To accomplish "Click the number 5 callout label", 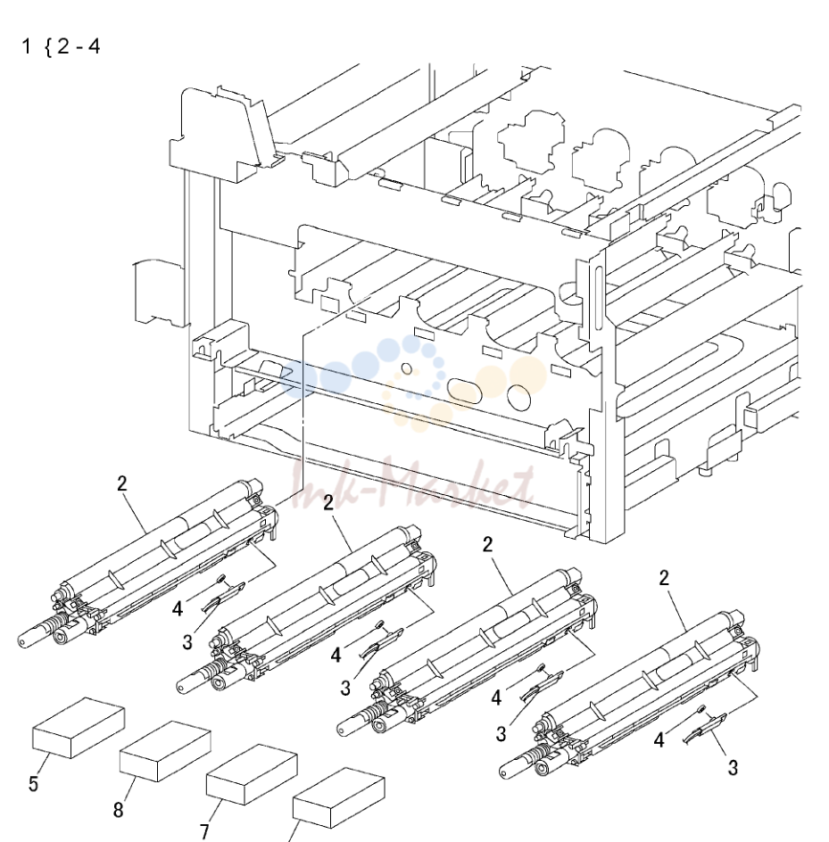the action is click(x=33, y=783).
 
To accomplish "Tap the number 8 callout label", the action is click(x=118, y=809).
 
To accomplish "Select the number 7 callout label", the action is click(x=204, y=832).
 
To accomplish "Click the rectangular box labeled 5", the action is click(x=79, y=728).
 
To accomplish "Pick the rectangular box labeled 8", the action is click(x=165, y=751).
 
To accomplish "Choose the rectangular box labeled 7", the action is click(x=252, y=774).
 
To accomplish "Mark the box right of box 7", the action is click(x=338, y=797).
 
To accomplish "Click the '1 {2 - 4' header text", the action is click(x=61, y=46).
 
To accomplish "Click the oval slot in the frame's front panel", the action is click(x=464, y=392).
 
